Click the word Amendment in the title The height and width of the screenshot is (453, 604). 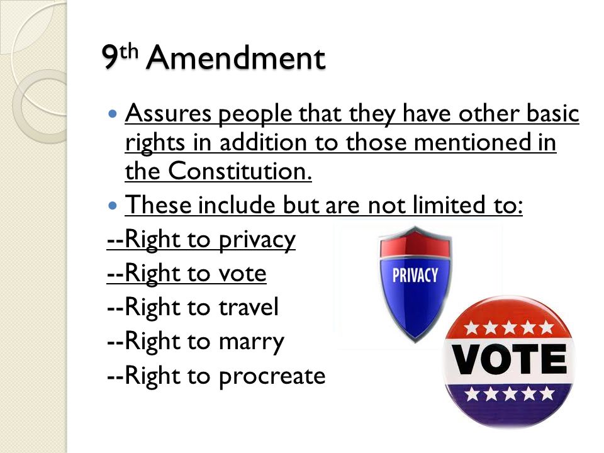pyautogui.click(x=236, y=59)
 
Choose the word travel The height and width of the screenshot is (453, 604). pyautogui.click(x=247, y=308)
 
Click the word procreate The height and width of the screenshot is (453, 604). pyautogui.click(x=272, y=376)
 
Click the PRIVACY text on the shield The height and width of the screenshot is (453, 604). pyautogui.click(x=415, y=275)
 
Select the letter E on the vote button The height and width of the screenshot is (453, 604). pyautogui.click(x=552, y=360)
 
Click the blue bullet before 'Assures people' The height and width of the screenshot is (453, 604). pyautogui.click(x=113, y=115)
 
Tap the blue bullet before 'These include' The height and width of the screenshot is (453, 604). pyautogui.click(x=113, y=205)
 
